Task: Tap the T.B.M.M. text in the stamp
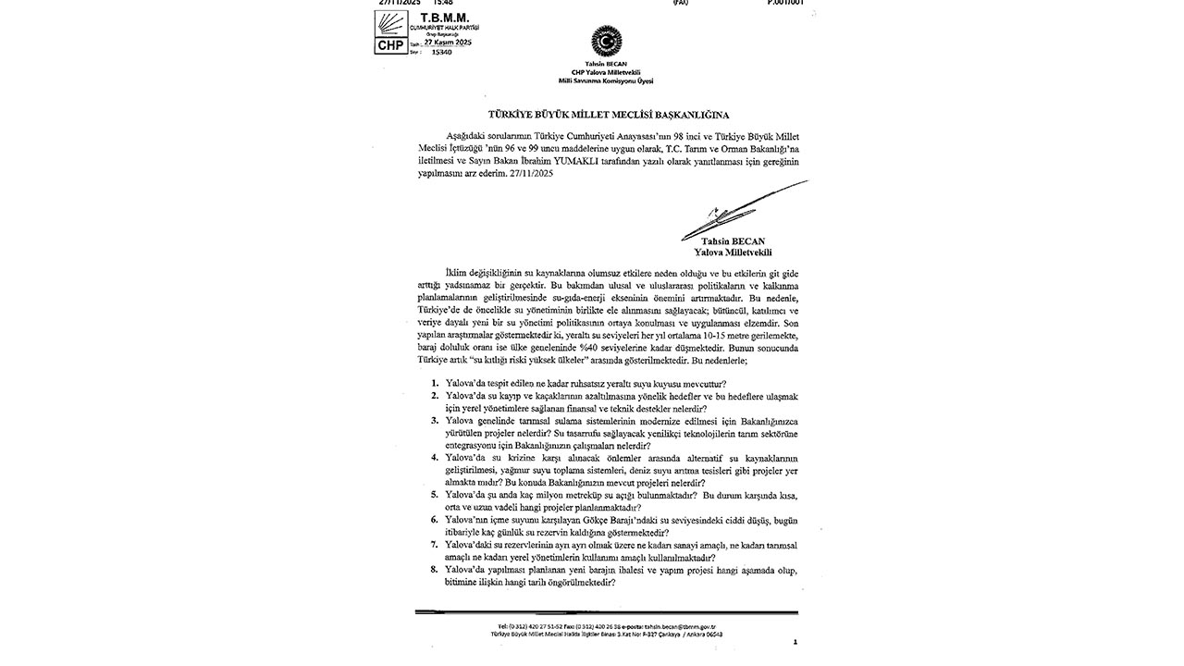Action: point(444,18)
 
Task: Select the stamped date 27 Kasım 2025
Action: point(448,43)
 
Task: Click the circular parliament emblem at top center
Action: point(607,41)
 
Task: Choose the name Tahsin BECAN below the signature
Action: point(733,241)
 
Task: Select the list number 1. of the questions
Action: point(435,383)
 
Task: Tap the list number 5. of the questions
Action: point(435,495)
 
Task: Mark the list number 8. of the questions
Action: point(435,570)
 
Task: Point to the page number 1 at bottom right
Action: point(795,642)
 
